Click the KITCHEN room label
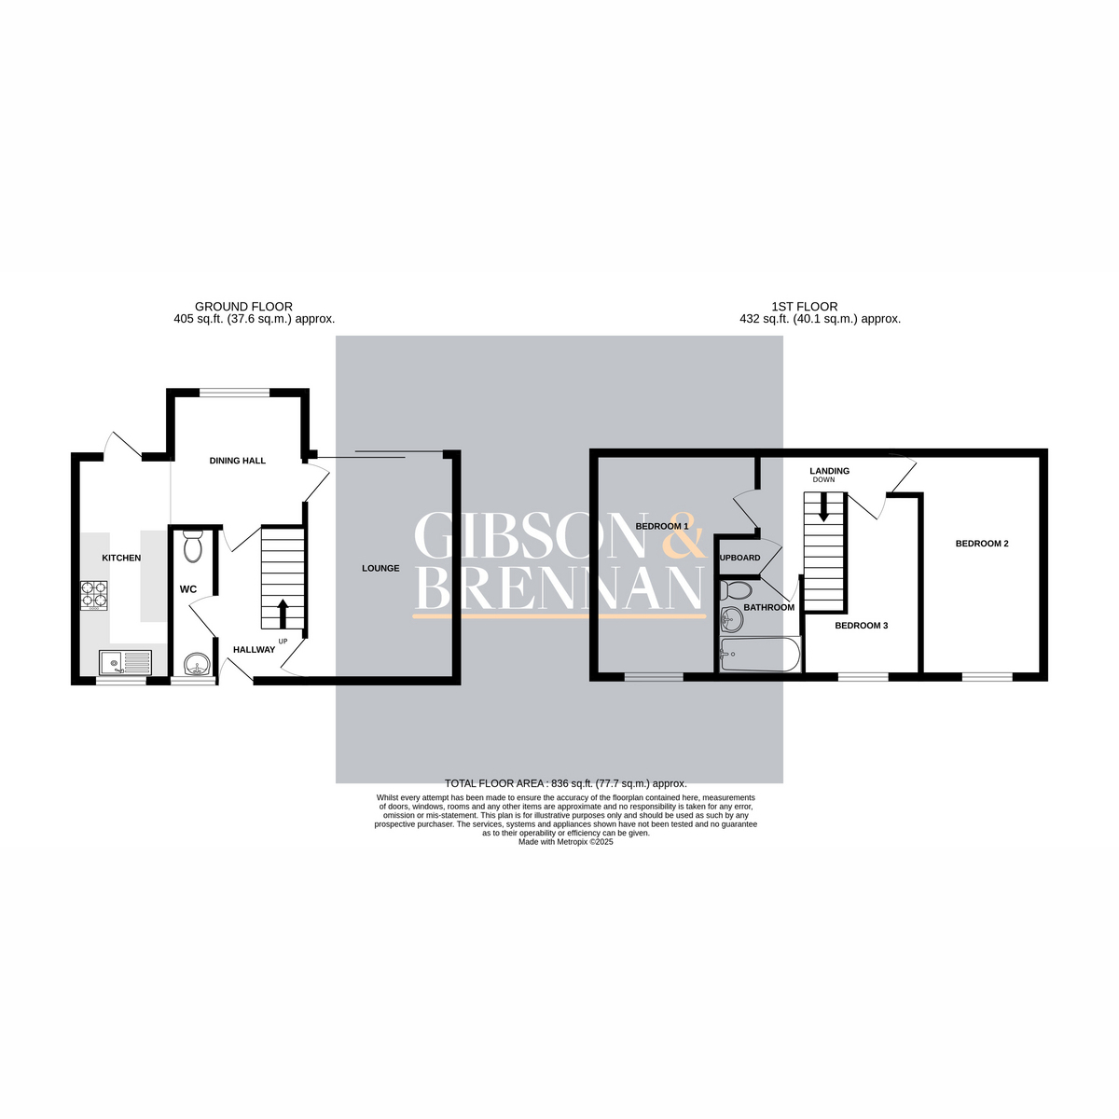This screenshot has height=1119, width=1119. pos(121,558)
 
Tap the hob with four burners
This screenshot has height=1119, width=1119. pos(94,595)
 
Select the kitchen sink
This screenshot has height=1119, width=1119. pos(125,663)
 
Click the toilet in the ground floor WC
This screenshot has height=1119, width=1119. pos(193,546)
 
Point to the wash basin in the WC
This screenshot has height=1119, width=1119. pos(196,665)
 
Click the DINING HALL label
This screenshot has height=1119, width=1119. pos(238,461)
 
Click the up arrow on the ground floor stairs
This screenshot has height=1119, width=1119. pos(283,614)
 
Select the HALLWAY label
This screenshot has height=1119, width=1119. pos(254,649)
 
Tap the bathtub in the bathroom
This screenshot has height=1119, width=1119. pos(760,655)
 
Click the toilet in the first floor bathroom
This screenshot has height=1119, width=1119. pos(738,590)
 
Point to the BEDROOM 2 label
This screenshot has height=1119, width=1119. pos(982,544)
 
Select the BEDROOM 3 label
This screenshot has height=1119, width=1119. pos(861,626)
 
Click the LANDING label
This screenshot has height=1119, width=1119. pos(829,471)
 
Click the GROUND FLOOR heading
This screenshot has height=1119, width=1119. pos(243,307)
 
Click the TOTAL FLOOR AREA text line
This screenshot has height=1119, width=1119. pos(565,783)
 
